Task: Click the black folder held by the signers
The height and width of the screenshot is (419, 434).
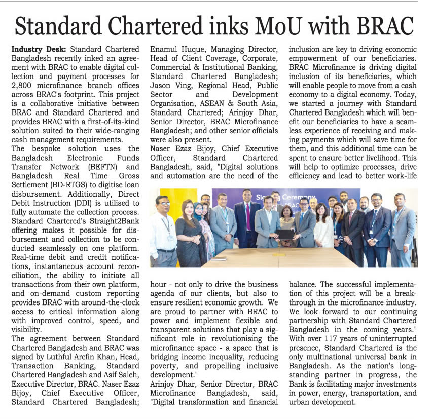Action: (x=285, y=234)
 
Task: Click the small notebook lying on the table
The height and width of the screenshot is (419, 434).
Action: (x=219, y=258)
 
